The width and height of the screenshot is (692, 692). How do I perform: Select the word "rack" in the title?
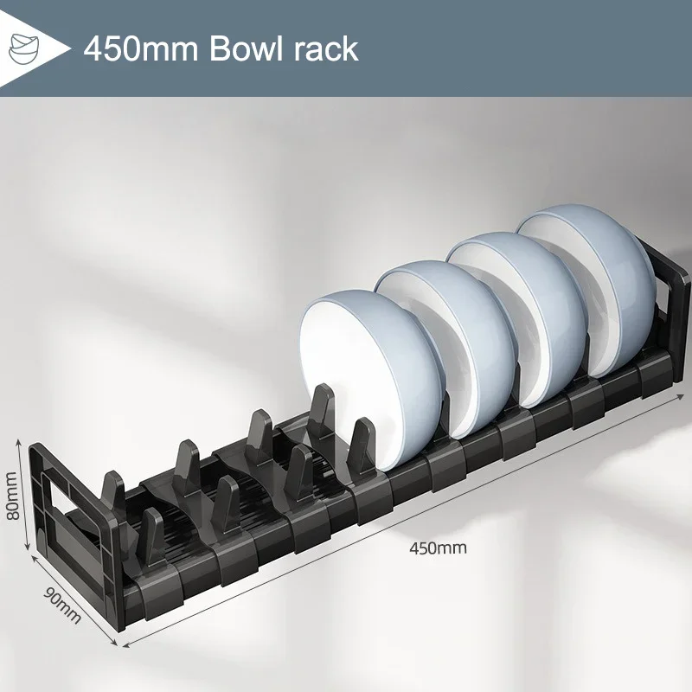[x=327, y=48]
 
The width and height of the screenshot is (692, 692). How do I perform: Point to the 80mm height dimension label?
[x=13, y=496]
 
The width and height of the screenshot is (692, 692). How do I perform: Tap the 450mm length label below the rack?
[x=438, y=547]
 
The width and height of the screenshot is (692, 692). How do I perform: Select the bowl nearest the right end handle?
[x=597, y=285]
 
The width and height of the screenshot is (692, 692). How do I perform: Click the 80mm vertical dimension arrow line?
[x=26, y=493]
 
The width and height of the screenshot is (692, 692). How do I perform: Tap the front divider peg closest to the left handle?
[x=152, y=536]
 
